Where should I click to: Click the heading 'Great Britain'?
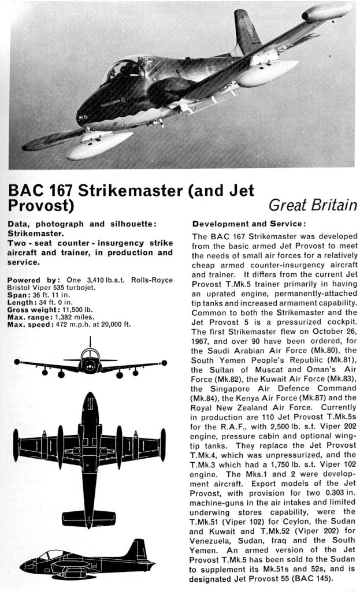[x=313, y=205]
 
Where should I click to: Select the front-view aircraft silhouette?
[x=90, y=364]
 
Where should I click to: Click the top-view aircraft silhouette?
[x=90, y=454]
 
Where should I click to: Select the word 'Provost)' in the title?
[x=40, y=205]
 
